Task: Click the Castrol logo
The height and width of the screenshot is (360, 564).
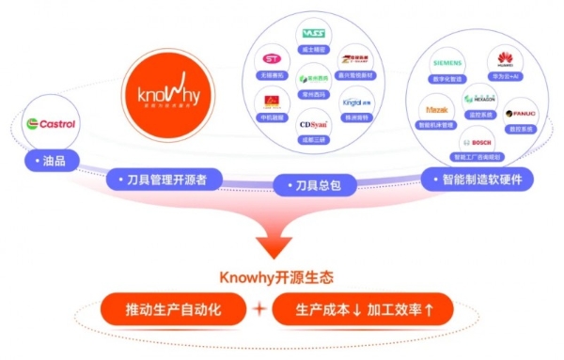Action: pyautogui.click(x=51, y=123)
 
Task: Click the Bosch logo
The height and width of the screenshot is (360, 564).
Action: pyautogui.click(x=470, y=142)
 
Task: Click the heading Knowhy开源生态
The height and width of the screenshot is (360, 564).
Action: pyautogui.click(x=275, y=278)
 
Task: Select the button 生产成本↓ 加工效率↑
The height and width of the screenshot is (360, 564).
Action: pyautogui.click(x=361, y=309)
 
